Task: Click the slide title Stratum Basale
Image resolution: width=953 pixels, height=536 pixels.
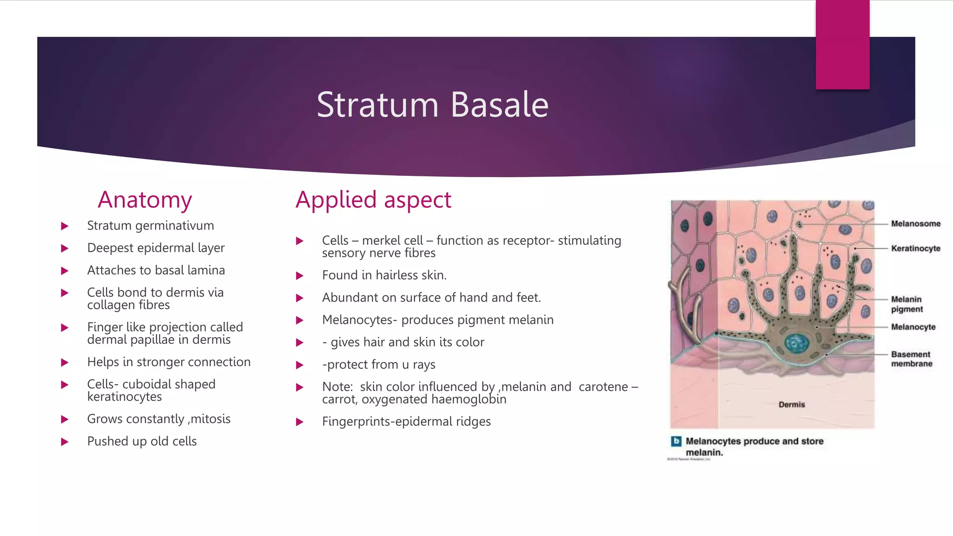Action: (x=432, y=105)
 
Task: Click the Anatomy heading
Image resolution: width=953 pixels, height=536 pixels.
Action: (x=145, y=200)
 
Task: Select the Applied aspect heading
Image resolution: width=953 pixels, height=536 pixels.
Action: (x=373, y=200)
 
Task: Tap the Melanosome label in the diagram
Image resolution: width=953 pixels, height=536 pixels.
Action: (x=915, y=224)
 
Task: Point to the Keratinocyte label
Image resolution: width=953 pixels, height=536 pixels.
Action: (x=915, y=248)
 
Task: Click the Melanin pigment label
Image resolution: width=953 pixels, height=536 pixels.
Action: (x=906, y=304)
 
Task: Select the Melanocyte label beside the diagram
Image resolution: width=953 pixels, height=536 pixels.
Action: (x=913, y=327)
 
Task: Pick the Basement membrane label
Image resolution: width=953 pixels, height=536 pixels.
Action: (x=911, y=359)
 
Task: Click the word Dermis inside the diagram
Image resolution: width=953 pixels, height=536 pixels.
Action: (x=792, y=405)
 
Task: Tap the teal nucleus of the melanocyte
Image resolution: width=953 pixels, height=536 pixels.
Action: (x=797, y=343)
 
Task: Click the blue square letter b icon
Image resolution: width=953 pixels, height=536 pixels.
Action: (x=676, y=441)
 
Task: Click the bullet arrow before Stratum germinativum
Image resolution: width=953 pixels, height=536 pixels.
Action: (x=65, y=226)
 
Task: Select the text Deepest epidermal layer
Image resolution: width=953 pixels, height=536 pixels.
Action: (x=156, y=248)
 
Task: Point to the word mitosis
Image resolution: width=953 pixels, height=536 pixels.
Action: (x=210, y=419)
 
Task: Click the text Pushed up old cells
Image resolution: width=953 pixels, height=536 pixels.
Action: (x=142, y=442)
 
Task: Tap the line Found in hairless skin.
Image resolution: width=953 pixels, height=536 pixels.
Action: (x=384, y=275)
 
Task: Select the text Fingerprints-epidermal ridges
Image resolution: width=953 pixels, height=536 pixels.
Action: (x=406, y=422)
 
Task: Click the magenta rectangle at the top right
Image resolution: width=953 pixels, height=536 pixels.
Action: (x=842, y=45)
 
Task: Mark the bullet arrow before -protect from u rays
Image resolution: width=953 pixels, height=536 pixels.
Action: (x=300, y=365)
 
